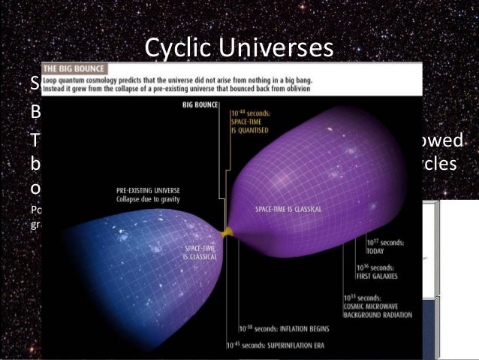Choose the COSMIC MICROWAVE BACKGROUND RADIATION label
pyautogui.click(x=378, y=307)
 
